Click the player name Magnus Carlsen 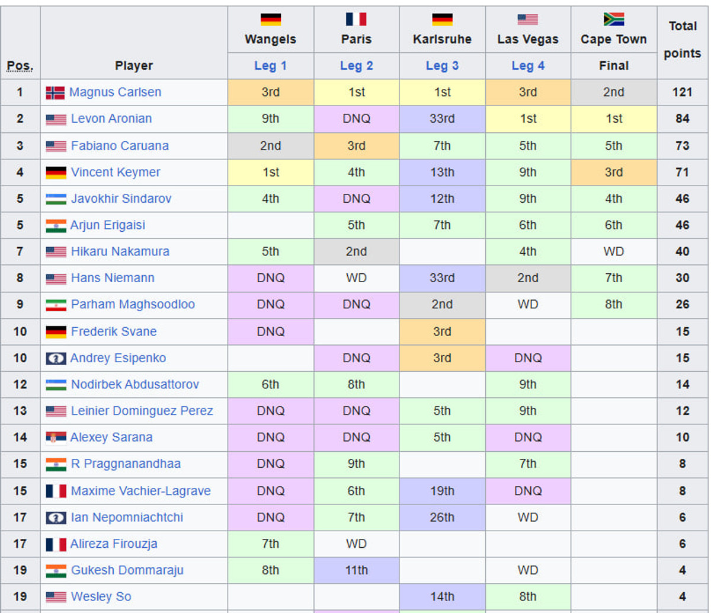tap(115, 92)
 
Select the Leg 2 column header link tap(356, 66)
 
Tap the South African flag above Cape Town tap(613, 20)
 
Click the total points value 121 tap(682, 92)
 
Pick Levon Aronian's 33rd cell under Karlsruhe tap(442, 119)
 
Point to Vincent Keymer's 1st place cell tap(270, 173)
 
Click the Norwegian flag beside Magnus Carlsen tap(55, 93)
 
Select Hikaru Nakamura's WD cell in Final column tap(613, 251)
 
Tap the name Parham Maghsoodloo tap(133, 305)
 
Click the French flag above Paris tap(356, 20)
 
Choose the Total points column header tap(682, 40)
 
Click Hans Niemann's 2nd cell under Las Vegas tap(527, 278)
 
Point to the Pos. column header tap(20, 66)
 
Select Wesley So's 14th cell tap(442, 597)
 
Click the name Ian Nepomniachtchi tap(127, 518)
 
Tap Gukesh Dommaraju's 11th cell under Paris tap(356, 570)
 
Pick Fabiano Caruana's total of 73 tap(682, 146)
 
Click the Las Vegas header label tap(527, 40)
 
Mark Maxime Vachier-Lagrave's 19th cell tap(442, 491)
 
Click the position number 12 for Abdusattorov tap(20, 385)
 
